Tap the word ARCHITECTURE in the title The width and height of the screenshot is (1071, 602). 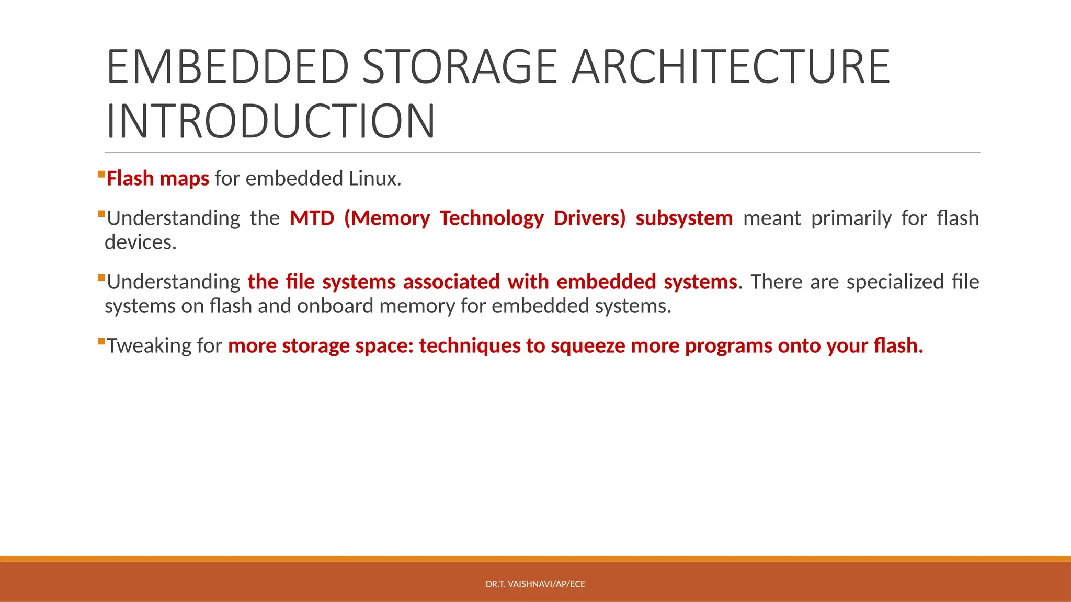pyautogui.click(x=731, y=66)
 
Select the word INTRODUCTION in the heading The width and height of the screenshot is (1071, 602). pyautogui.click(x=270, y=121)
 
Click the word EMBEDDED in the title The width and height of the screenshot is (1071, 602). pyautogui.click(x=228, y=66)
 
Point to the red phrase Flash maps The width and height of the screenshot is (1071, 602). pyautogui.click(x=157, y=179)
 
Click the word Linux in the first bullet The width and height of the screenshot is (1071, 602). pyautogui.click(x=372, y=179)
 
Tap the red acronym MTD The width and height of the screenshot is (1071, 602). pyautogui.click(x=312, y=218)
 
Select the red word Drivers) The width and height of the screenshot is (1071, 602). pyautogui.click(x=589, y=218)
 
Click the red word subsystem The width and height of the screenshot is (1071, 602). pyautogui.click(x=684, y=218)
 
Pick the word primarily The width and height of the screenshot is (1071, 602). pyautogui.click(x=851, y=218)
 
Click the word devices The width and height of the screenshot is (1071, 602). pyautogui.click(x=140, y=242)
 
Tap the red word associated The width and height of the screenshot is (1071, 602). pyautogui.click(x=451, y=282)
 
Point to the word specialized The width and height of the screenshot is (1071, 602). pyautogui.click(x=895, y=282)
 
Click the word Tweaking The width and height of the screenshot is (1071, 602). pyautogui.click(x=149, y=346)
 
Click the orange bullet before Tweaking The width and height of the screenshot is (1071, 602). pyautogui.click(x=101, y=341)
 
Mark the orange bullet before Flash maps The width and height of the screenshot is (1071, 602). pyautogui.click(x=101, y=173)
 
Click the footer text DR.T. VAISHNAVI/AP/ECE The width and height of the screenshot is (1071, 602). pyautogui.click(x=535, y=584)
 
